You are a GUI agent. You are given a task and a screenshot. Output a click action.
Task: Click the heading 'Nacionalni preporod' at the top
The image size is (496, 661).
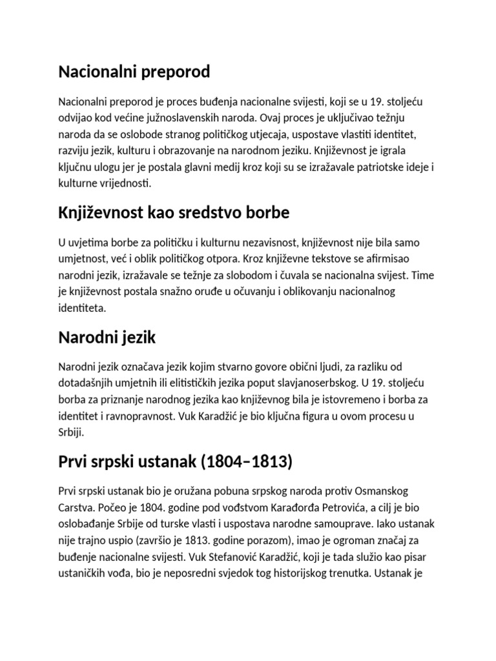tap(134, 72)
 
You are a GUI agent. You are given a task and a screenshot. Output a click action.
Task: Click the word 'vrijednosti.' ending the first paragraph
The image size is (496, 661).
tap(125, 183)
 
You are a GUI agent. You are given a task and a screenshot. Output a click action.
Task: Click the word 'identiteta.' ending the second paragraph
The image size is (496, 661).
tap(81, 308)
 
